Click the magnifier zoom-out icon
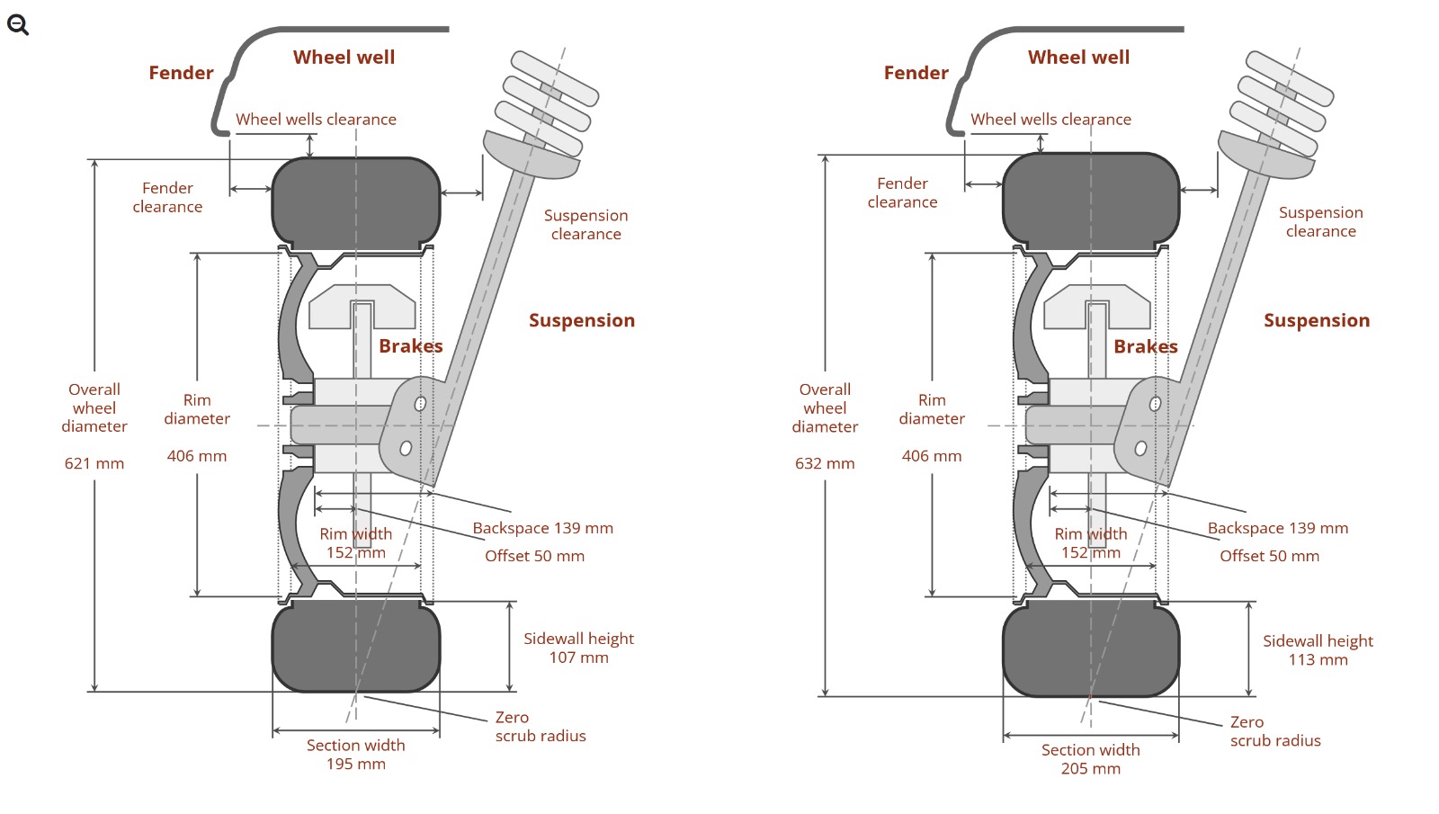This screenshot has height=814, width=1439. tap(18, 25)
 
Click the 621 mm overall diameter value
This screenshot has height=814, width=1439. tap(94, 463)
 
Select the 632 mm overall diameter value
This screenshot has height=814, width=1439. tap(825, 463)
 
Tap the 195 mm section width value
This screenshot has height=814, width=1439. tap(356, 764)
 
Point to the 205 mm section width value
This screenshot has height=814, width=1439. tap(1091, 768)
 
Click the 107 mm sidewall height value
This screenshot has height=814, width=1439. tap(579, 657)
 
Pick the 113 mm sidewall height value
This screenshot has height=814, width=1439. tap(1318, 659)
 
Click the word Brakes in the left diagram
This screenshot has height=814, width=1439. tap(411, 346)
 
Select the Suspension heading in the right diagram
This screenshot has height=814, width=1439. tap(1317, 320)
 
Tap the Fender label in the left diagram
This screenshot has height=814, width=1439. tap(181, 73)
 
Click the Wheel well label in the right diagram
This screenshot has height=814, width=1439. tap(1078, 58)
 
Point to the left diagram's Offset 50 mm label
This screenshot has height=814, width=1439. tap(535, 556)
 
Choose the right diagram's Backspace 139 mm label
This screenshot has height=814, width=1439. tap(1278, 528)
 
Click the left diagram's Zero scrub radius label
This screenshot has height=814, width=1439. tap(540, 727)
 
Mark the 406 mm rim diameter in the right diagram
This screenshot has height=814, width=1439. tap(932, 456)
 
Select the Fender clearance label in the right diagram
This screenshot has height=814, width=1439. tap(902, 192)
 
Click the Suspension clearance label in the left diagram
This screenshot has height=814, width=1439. tap(585, 225)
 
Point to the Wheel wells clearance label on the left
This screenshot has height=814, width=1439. tap(316, 119)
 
